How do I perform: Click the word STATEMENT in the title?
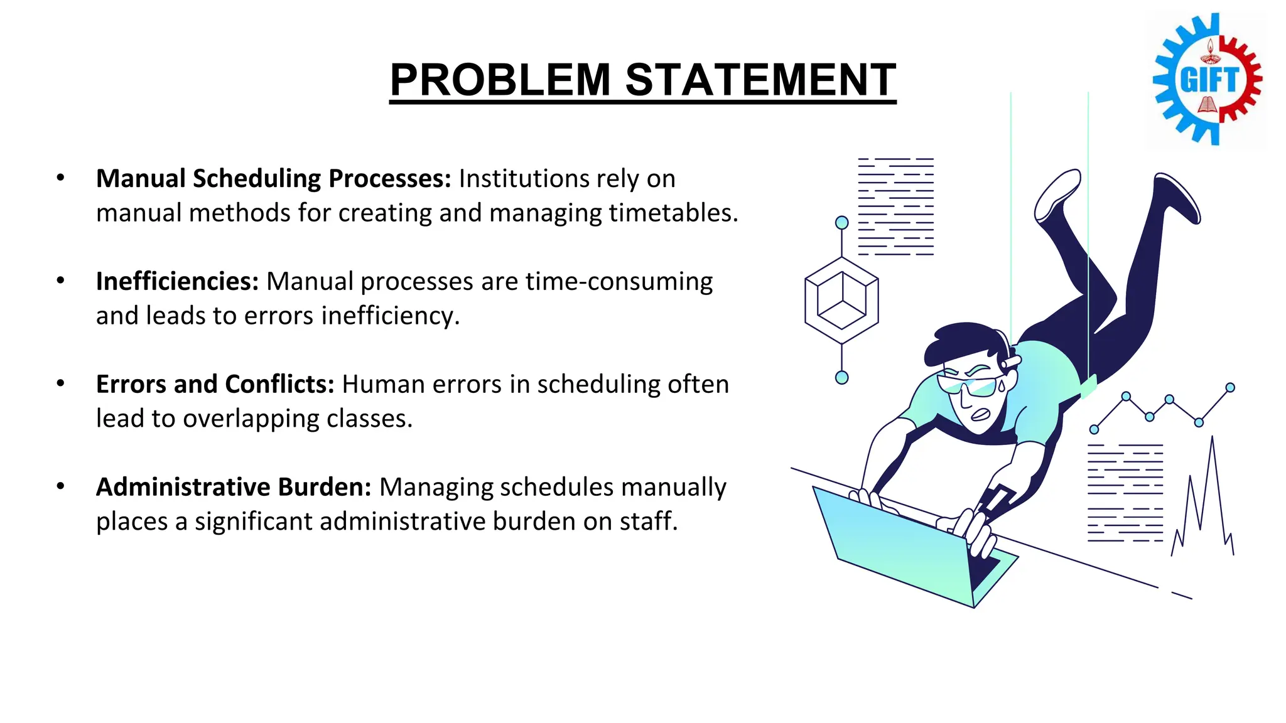pos(760,80)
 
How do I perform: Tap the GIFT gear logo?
pos(1208,80)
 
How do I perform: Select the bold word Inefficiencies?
pos(177,281)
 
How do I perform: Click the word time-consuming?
pos(619,281)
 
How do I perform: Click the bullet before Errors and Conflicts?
pos(60,383)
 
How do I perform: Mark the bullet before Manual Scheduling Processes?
pos(60,178)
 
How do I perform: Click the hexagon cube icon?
pos(841,300)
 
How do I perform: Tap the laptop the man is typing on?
pos(904,546)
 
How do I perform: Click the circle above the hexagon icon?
pos(842,222)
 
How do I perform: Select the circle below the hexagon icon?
pos(842,377)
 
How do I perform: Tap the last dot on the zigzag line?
pos(1230,388)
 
